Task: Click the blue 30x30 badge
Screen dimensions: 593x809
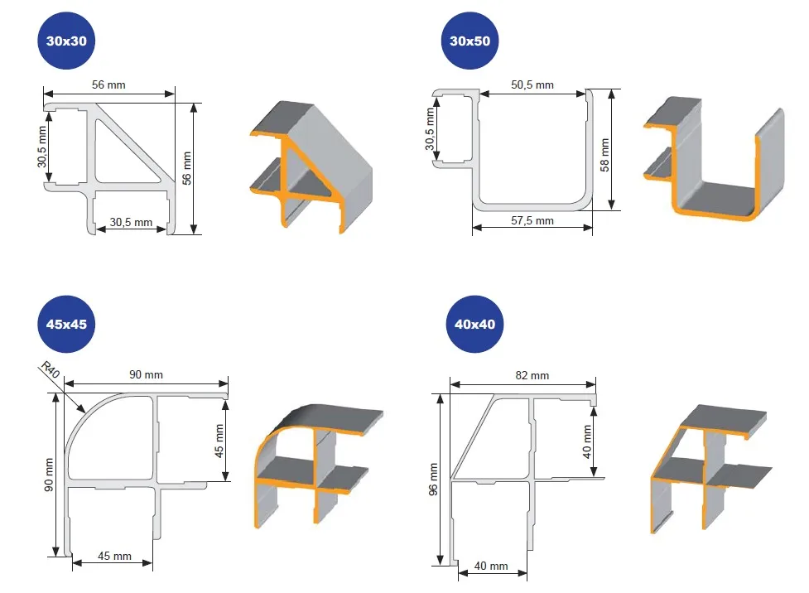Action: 70,41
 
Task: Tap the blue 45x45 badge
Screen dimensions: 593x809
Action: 62,324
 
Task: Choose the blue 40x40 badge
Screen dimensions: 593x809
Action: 474,324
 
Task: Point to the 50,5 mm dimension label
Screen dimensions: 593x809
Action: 533,84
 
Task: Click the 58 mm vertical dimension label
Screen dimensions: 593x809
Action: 605,154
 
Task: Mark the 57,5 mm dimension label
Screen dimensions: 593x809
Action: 532,221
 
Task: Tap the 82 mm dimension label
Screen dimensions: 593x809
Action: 532,375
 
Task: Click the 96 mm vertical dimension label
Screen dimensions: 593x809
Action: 432,481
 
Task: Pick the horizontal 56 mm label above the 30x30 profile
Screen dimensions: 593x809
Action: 108,83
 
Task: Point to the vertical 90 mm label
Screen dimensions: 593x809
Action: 49,475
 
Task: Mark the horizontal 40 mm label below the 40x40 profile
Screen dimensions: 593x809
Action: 491,566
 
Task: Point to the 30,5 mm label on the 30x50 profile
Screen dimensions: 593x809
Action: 430,132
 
